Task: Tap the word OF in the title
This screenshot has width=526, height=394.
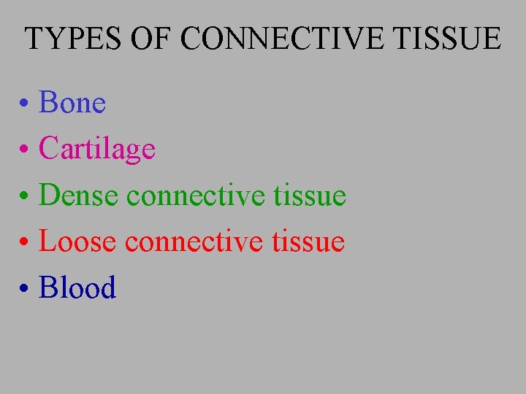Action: click(x=143, y=38)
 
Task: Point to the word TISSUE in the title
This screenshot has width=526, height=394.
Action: click(x=449, y=38)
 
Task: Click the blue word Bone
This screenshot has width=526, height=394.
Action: click(x=72, y=103)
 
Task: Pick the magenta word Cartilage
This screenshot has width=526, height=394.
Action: click(x=97, y=150)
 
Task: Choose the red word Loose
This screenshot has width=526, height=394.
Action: click(x=77, y=242)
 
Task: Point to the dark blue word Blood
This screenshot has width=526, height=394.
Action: click(x=77, y=287)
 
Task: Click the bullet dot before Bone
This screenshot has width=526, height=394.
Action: click(x=25, y=105)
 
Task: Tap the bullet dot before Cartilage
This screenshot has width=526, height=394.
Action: click(x=25, y=151)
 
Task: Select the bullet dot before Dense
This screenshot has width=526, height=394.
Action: click(x=25, y=197)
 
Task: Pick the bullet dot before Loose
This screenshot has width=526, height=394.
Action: click(x=25, y=243)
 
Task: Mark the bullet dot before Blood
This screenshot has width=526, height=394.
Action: click(x=25, y=290)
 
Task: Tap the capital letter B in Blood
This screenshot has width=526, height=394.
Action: click(x=48, y=287)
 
